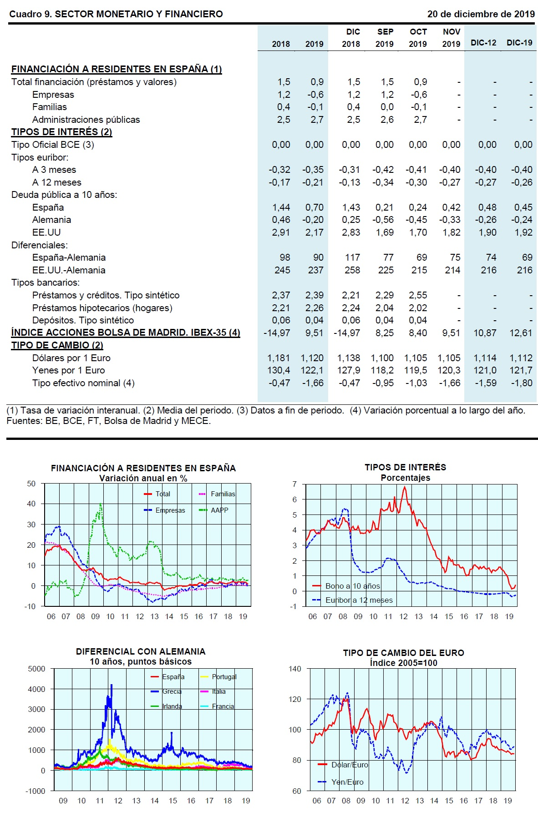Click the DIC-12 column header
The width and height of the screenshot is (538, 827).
point(483,43)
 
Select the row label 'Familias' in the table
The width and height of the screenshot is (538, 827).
point(50,107)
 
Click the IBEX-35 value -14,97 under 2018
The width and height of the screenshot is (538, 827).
point(277,333)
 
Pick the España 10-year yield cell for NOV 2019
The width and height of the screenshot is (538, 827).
point(451,207)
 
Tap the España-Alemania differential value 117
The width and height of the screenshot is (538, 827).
point(352,257)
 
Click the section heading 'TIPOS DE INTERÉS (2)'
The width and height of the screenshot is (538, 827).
point(61,132)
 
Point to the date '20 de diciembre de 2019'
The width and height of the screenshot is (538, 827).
point(481,14)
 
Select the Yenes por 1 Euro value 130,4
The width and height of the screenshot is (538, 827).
point(279,370)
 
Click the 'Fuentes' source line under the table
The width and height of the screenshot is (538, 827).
point(108,421)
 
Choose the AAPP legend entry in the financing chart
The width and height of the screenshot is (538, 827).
point(219,510)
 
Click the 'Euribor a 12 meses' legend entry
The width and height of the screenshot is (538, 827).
point(359,600)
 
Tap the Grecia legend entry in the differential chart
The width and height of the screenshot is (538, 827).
point(172,691)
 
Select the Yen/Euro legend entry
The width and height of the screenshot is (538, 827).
point(347,782)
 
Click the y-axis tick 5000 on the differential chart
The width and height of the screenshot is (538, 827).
point(36,669)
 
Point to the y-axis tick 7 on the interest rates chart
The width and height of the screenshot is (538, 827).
point(294,484)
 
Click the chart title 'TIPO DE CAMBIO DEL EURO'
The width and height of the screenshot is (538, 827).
point(403,653)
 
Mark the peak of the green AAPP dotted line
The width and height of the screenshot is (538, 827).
point(101,504)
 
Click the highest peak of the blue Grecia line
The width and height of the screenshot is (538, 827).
point(112,685)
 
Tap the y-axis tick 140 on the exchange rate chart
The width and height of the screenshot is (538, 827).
point(295,669)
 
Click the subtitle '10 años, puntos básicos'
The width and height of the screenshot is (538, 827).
point(140,661)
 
